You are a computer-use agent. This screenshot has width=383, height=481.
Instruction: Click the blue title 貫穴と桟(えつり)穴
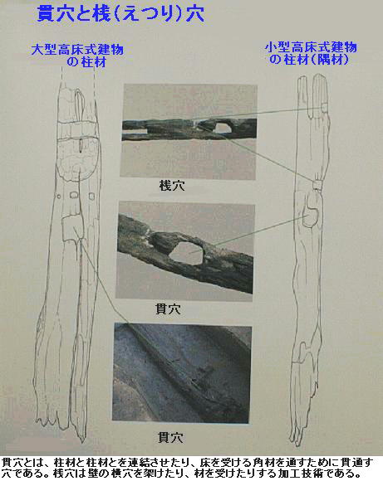point(120,14)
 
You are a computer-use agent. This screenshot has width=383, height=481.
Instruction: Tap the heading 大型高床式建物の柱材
point(77,56)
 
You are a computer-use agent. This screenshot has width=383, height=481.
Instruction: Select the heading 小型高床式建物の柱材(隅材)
point(311,53)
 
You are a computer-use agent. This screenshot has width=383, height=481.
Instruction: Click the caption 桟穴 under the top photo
point(172,186)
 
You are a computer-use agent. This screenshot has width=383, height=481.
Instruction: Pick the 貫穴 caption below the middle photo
point(169,309)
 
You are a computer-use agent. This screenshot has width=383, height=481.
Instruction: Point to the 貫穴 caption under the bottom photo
point(170,437)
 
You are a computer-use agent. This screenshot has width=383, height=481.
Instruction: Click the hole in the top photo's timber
point(222,128)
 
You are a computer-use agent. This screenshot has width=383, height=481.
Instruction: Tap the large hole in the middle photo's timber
point(186,253)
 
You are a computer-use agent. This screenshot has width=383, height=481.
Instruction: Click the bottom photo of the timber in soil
point(182,373)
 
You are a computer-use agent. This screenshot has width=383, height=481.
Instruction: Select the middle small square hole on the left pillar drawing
point(73,195)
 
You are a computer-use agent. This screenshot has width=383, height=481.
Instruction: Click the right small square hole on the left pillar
point(91,196)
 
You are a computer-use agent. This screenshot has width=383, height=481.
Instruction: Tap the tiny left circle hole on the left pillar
point(59,197)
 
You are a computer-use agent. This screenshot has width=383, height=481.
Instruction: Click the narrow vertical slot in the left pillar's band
point(81,146)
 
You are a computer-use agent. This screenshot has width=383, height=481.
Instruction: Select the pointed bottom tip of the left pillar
point(82,441)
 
